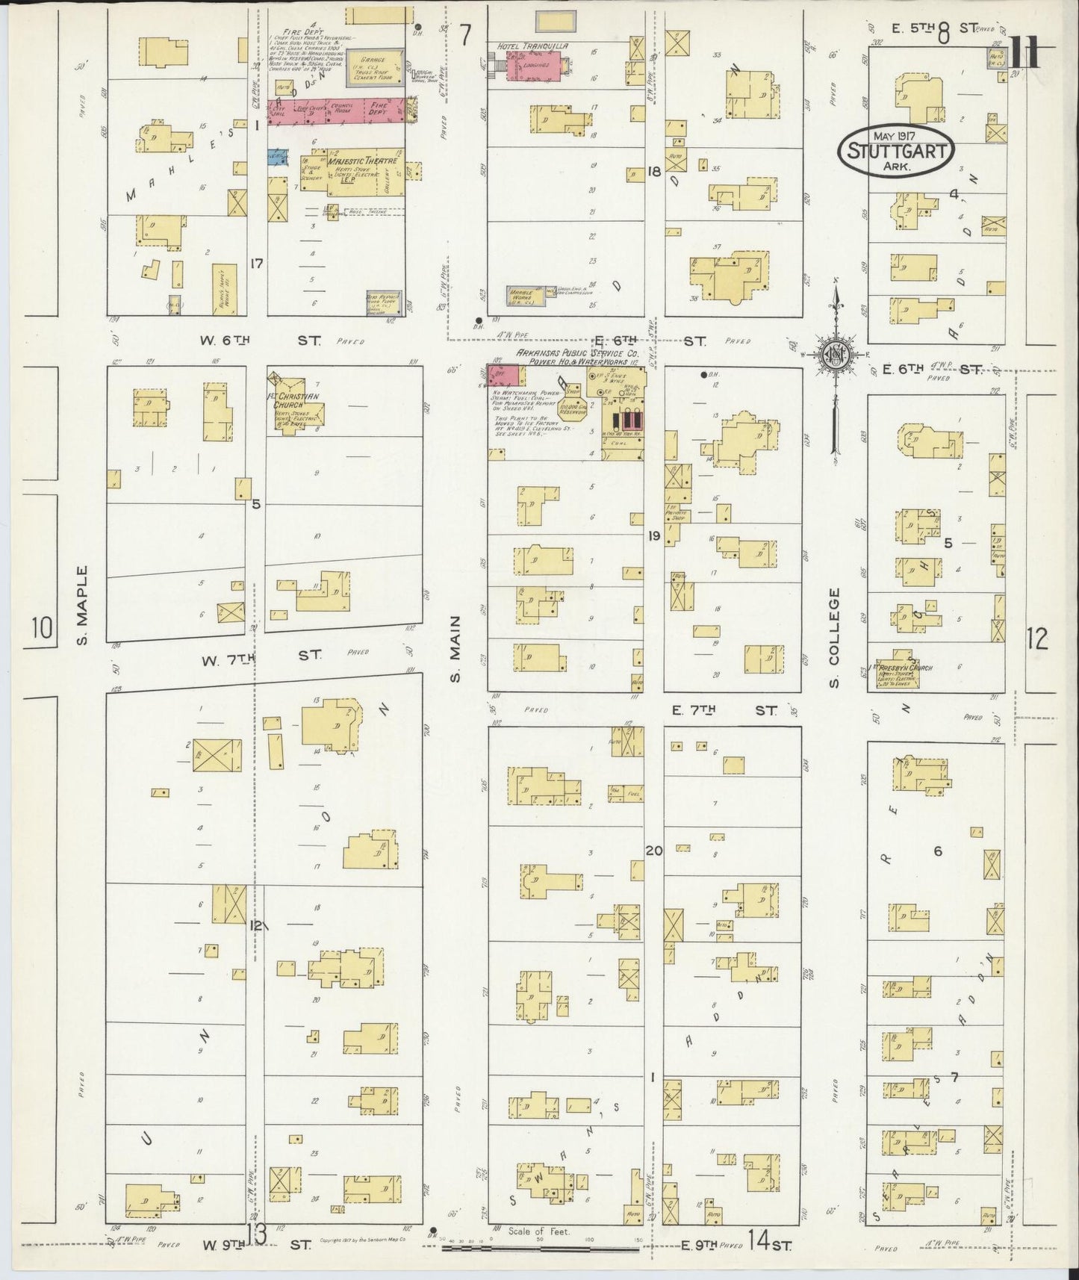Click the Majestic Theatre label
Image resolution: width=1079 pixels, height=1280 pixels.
coord(362,161)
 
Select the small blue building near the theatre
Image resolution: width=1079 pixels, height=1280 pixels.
coord(278,156)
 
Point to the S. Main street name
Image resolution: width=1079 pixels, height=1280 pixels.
coord(456,650)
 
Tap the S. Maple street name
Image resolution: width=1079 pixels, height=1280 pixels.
coord(83,605)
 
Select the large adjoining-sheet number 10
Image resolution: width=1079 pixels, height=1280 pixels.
coord(43,628)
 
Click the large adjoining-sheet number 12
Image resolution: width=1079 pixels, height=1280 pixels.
coord(1036,639)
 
